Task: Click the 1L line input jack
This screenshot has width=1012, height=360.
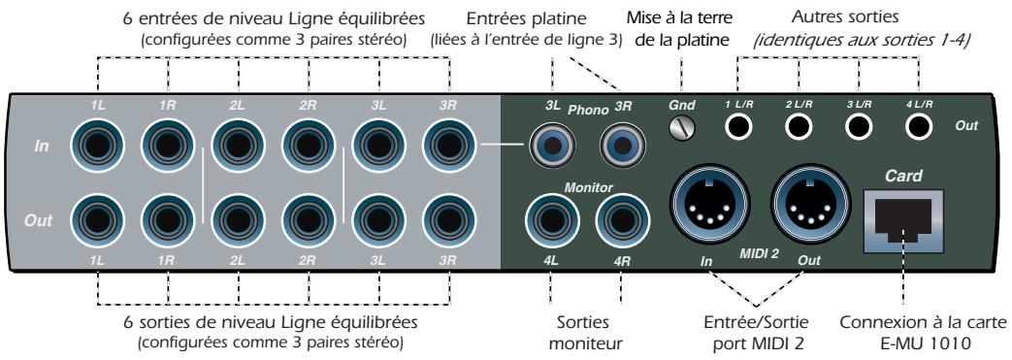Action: pyautogui.click(x=97, y=147)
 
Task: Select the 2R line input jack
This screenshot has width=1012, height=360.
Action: pyautogui.click(x=309, y=147)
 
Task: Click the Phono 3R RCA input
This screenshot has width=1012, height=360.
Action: pyautogui.click(x=623, y=147)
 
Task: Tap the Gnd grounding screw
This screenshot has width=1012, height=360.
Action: pyautogui.click(x=683, y=126)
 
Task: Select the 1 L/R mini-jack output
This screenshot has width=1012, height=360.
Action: pyautogui.click(x=741, y=126)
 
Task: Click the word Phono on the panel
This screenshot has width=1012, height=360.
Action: pyautogui.click(x=586, y=112)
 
